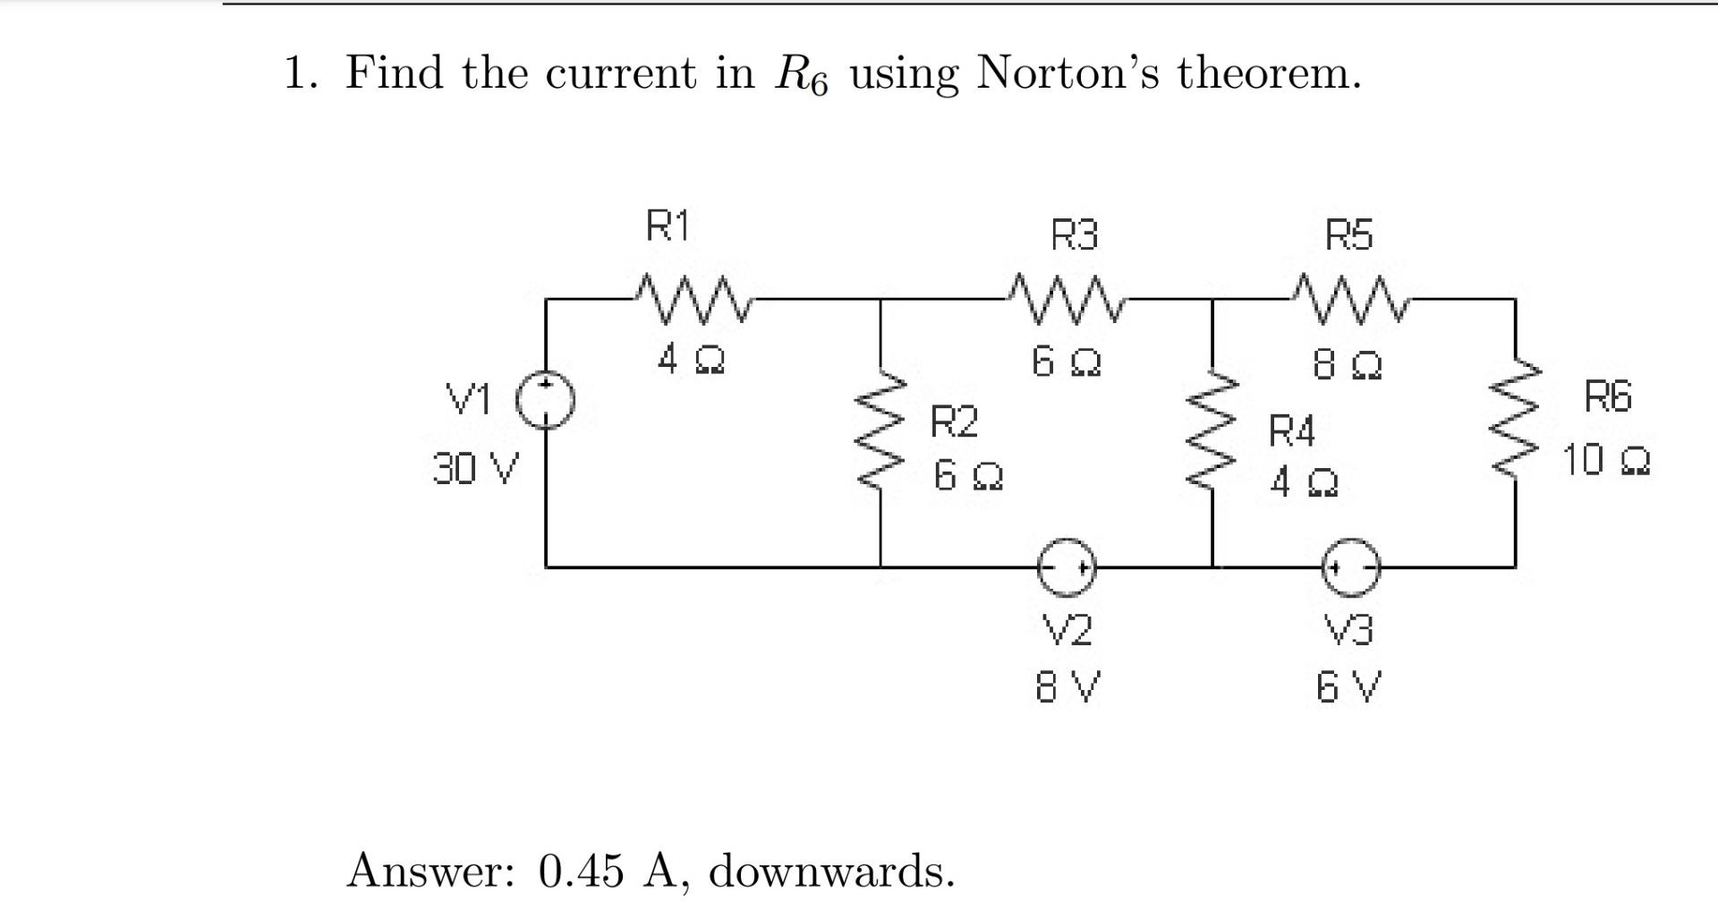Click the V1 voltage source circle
(545, 400)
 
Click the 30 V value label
(475, 469)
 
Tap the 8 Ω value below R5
(1348, 365)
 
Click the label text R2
(955, 421)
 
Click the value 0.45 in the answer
(581, 871)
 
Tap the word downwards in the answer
(831, 871)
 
